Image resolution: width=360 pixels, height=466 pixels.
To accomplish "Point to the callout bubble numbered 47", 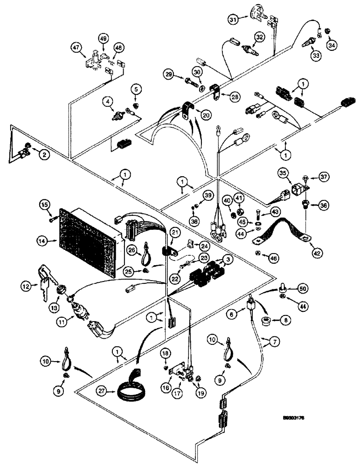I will pyautogui.click(x=76, y=47).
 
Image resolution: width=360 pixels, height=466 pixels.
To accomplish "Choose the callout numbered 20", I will pyautogui.click(x=205, y=114).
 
